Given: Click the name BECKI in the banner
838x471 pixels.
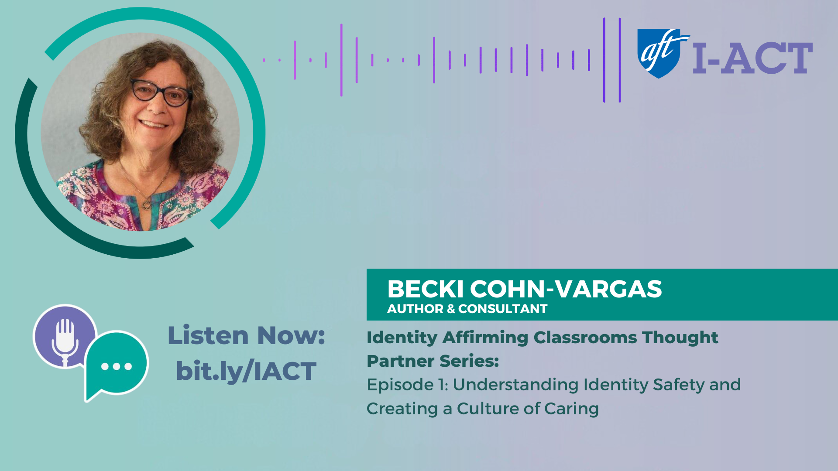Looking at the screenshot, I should click(x=425, y=289).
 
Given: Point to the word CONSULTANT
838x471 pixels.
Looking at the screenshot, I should click(x=503, y=309).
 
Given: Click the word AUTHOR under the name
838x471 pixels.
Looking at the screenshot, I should click(x=415, y=309).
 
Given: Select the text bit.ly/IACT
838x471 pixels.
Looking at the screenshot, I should click(x=246, y=372).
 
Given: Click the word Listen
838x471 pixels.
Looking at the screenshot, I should click(x=208, y=336).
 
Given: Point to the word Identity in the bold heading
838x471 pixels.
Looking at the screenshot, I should click(x=402, y=338).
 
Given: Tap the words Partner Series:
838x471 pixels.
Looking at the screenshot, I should click(x=432, y=361).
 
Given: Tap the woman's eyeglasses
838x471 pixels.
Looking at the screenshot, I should click(x=162, y=92).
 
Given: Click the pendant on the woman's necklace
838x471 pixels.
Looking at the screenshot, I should click(x=147, y=204).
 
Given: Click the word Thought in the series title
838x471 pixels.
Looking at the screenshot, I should click(x=680, y=338).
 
